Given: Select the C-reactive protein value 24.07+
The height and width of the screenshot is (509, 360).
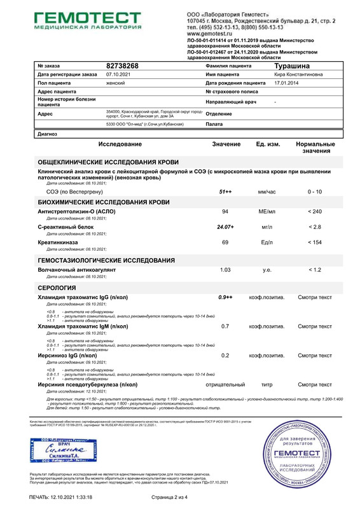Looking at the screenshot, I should pos(225,227).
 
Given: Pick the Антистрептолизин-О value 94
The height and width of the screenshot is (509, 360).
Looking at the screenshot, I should pos(225,211).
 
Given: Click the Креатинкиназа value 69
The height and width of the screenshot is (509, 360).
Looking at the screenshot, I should pos(225,242).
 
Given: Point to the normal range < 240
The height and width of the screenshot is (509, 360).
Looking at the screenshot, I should pos(314,211).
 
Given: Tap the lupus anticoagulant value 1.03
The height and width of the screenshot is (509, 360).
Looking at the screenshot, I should pos(225,270).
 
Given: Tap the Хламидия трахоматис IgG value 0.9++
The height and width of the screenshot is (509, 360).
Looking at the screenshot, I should pos(225,297).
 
